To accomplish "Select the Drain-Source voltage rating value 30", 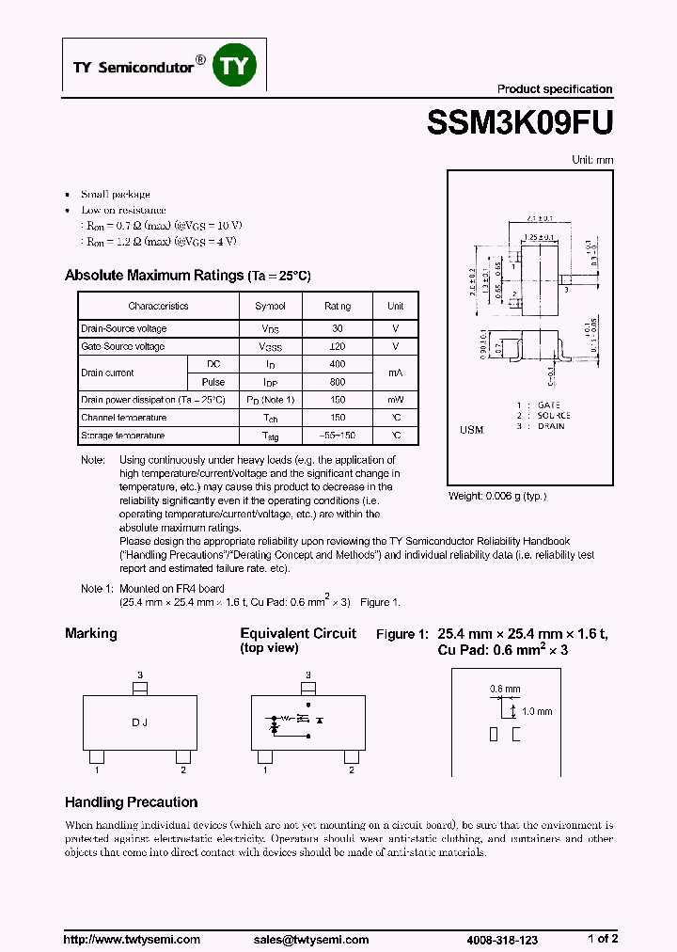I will click(x=338, y=328).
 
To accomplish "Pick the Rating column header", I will click(x=338, y=306).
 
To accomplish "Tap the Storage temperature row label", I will click(x=123, y=436).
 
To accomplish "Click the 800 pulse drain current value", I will click(x=338, y=382).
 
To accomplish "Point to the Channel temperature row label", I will click(x=124, y=418).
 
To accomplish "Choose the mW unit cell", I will click(x=396, y=400).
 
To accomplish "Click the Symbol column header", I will click(x=271, y=306).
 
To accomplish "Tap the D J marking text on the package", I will click(x=140, y=722).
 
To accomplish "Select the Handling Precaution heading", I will click(x=131, y=802).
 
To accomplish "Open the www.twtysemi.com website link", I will click(x=132, y=939).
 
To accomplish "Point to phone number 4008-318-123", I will click(x=503, y=939).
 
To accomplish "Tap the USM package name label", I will click(x=472, y=430).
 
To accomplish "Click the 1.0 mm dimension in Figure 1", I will click(x=538, y=712).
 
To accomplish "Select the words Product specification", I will click(x=555, y=89).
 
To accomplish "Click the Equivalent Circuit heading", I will click(x=298, y=633).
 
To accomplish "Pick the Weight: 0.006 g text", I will click(x=496, y=496).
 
